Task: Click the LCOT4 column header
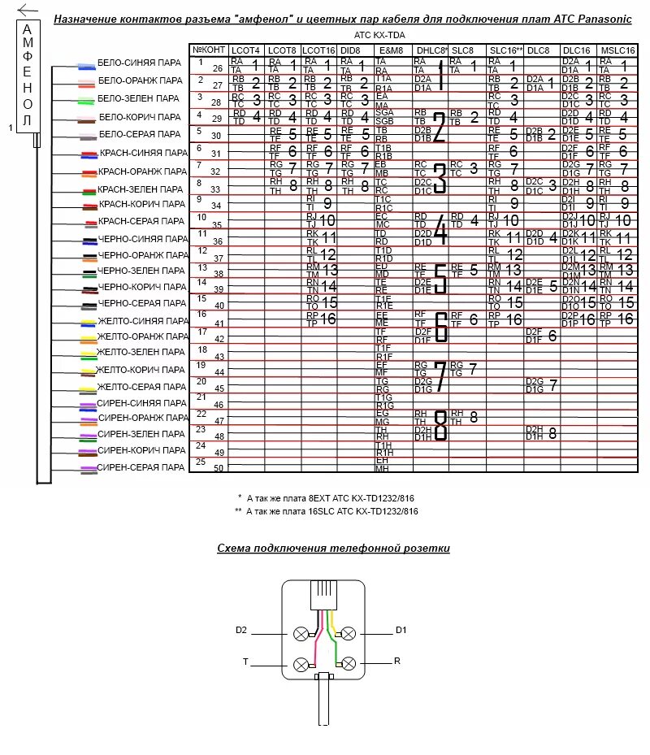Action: (245, 50)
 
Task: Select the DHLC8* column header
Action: (431, 50)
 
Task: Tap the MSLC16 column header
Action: (616, 50)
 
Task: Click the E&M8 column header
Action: (392, 50)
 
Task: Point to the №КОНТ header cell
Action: (209, 50)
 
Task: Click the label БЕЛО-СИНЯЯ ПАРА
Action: (140, 63)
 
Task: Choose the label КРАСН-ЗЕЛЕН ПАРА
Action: (140, 189)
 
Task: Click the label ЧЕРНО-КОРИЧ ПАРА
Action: (140, 287)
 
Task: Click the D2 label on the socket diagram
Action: (241, 630)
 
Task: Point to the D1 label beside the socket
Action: (400, 630)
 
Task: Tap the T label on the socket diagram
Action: (245, 662)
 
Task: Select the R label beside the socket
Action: (397, 662)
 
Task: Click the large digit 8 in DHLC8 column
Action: (440, 425)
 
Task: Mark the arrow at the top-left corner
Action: (27, 10)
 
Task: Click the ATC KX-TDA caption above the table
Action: (380, 36)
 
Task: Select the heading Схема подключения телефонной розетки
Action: (333, 549)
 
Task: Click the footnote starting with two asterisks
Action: (327, 511)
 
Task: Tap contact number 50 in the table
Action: (219, 468)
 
